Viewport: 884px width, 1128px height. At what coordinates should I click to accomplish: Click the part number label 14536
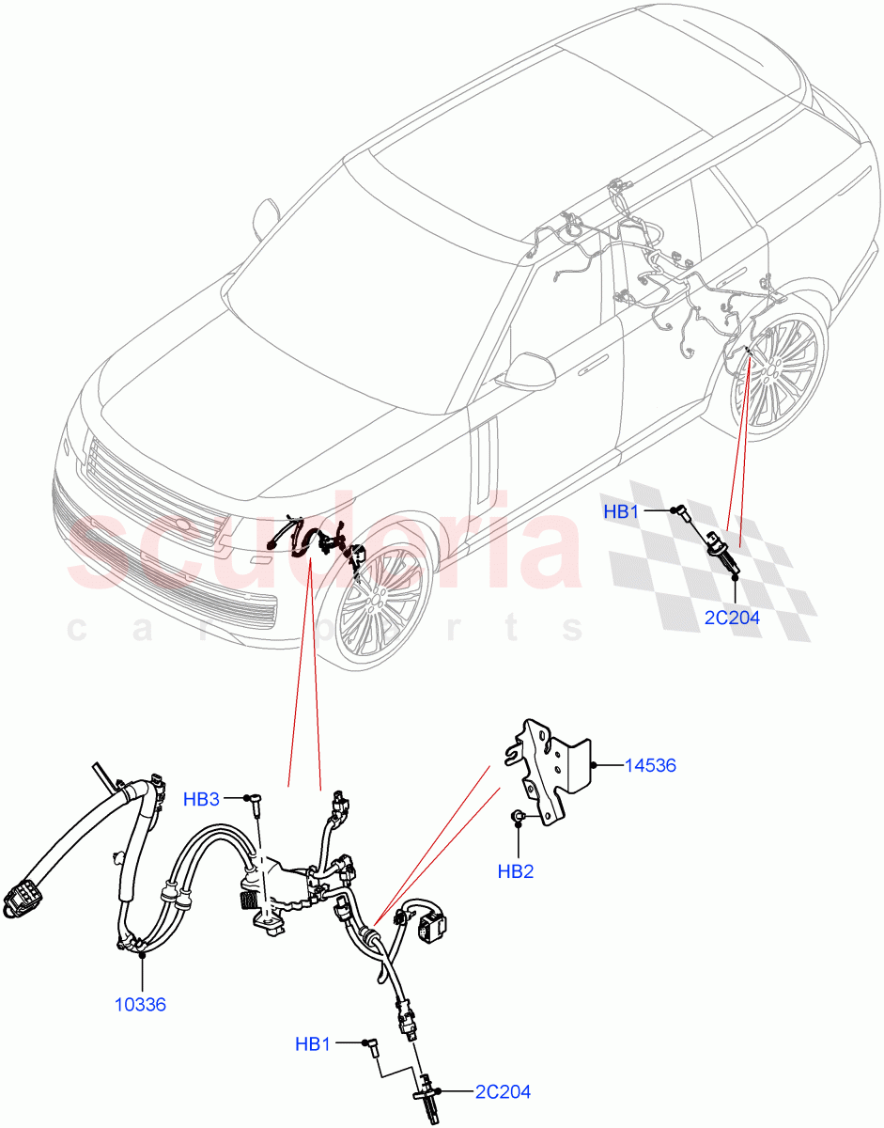(650, 766)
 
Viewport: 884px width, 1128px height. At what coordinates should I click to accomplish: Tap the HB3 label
(201, 799)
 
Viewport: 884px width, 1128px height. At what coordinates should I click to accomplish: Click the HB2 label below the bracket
(515, 871)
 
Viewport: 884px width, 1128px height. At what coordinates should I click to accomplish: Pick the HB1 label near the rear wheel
(621, 512)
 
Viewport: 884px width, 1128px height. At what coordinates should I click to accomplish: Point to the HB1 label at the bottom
(314, 1043)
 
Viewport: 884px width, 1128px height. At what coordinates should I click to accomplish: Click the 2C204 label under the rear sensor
(732, 618)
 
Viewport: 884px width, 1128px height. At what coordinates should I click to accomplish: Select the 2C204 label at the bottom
(503, 1091)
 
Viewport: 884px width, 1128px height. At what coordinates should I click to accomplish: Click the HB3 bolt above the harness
(252, 800)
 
